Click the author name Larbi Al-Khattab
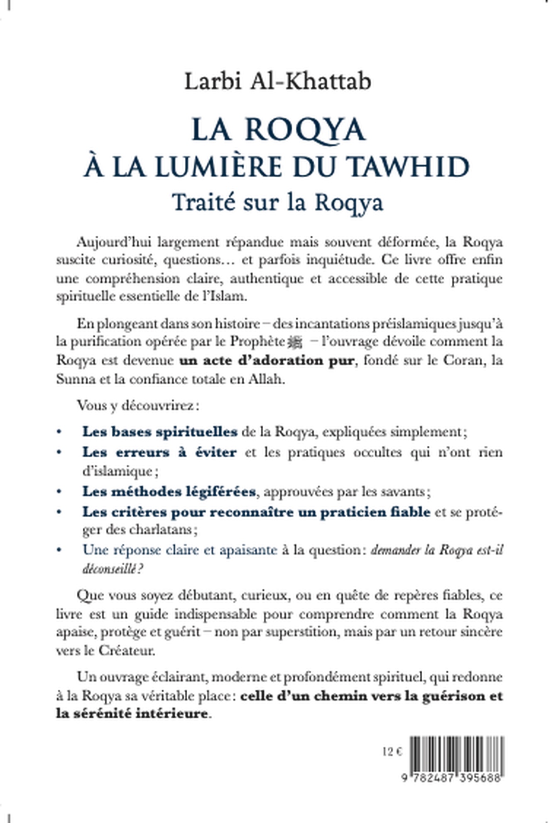pyautogui.click(x=277, y=81)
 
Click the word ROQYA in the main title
pyautogui.click(x=305, y=129)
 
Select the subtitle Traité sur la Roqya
pyautogui.click(x=277, y=203)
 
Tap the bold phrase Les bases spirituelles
pyautogui.click(x=160, y=432)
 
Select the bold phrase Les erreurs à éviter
pyautogui.click(x=160, y=452)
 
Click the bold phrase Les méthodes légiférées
pyautogui.click(x=169, y=492)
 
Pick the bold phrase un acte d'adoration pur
pyautogui.click(x=267, y=360)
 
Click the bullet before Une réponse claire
pyautogui.click(x=61, y=550)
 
